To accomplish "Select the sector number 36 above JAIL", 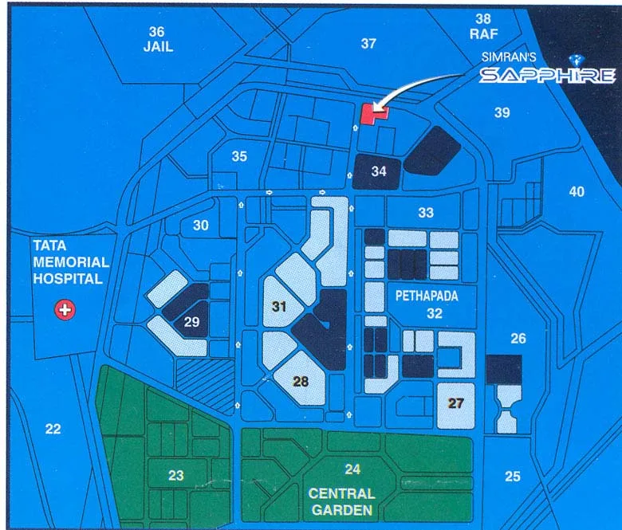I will point(156,32).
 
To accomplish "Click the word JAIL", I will point(158,47).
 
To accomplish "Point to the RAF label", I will point(483,33).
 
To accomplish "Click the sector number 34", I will point(379,171).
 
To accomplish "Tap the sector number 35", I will point(239,157).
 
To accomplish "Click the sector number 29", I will point(191,322).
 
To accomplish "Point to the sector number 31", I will point(278,306).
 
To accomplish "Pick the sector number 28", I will point(301,382).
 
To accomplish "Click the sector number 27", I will point(455,403).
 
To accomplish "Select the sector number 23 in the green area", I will point(176,476).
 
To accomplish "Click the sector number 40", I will point(576,191).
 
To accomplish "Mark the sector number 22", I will point(53,429).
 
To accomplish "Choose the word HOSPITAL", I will point(68,279).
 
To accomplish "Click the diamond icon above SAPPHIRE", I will point(578,59).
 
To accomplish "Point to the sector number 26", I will point(518,339).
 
